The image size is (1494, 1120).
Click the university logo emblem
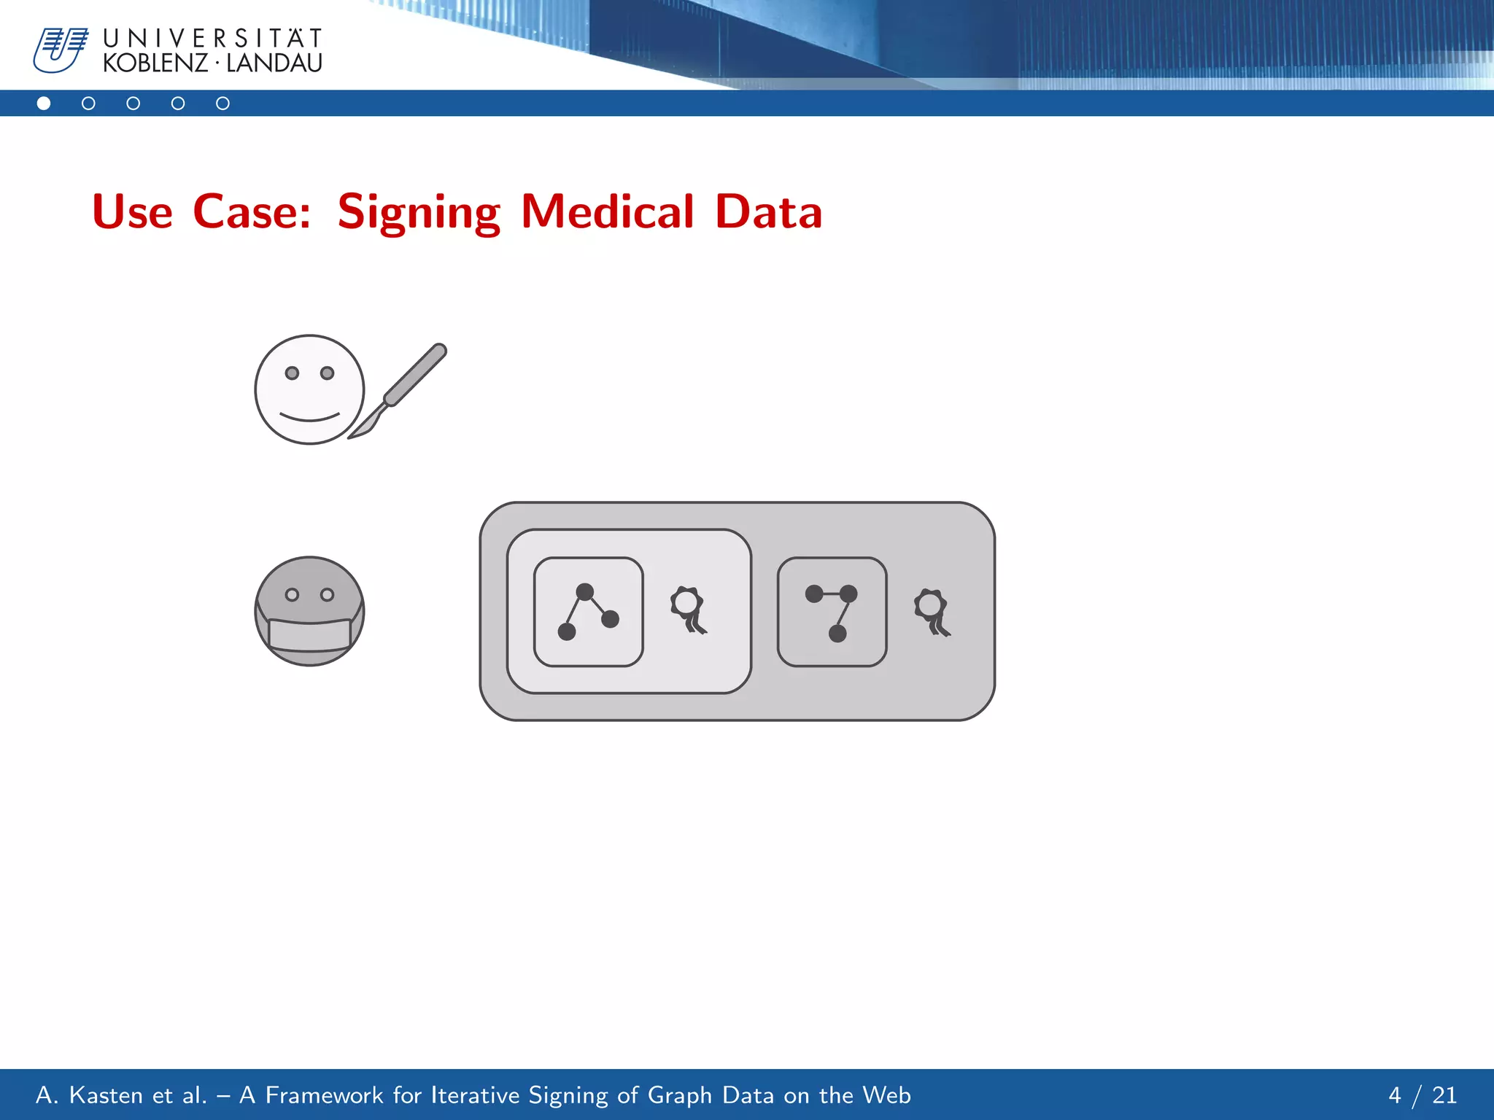coord(60,50)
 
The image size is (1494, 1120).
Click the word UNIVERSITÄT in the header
coord(212,38)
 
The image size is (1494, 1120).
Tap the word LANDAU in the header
coord(274,64)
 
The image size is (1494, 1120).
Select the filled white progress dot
coord(44,104)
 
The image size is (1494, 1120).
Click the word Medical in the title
coord(607,212)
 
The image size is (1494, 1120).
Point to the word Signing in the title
coord(419,212)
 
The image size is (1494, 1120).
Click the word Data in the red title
coord(769,212)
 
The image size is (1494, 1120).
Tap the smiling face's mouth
coord(309,418)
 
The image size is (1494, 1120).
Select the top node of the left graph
coord(584,591)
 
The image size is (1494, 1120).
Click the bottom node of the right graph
coord(837,633)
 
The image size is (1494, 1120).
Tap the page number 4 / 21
coord(1422,1094)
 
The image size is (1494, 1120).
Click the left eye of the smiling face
coord(292,373)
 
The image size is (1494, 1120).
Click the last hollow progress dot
coord(222,104)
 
